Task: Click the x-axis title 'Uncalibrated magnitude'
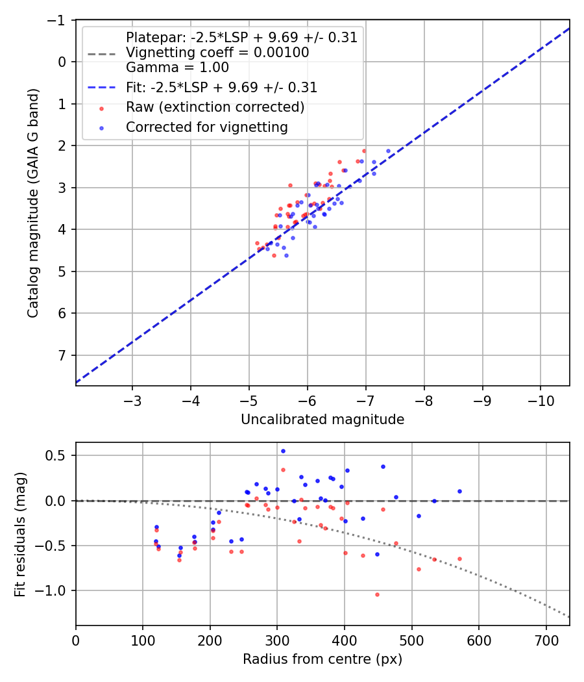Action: (322, 420)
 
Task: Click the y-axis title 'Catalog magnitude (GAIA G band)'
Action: (33, 203)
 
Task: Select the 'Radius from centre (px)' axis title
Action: (322, 659)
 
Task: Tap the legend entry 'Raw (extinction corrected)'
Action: (215, 107)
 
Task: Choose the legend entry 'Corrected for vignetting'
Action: (207, 127)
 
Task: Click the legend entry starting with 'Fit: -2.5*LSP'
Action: (221, 86)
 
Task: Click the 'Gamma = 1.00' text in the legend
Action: (177, 67)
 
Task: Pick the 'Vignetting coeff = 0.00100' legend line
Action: (217, 53)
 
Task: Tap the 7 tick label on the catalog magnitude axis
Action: (62, 355)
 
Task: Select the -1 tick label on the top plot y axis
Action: (56, 20)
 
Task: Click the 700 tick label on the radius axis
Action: (546, 640)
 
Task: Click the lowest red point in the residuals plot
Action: (377, 594)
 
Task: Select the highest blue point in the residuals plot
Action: (283, 451)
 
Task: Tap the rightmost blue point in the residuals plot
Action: (459, 491)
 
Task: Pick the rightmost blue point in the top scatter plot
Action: (389, 151)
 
